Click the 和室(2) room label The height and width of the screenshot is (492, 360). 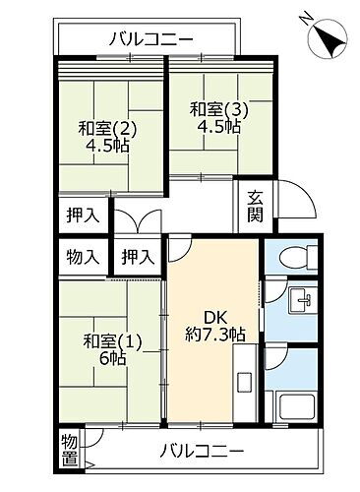point(101,127)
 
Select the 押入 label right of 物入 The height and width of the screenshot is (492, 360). point(137,258)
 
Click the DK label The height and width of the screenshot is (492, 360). point(214,316)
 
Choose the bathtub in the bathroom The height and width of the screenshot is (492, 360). point(294,404)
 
